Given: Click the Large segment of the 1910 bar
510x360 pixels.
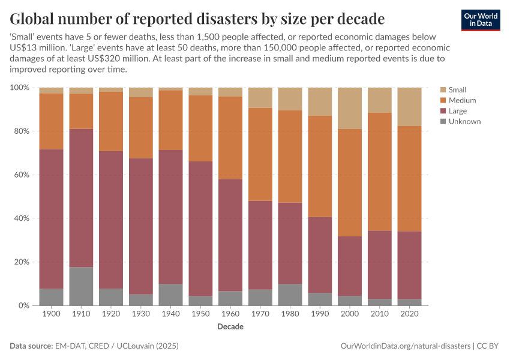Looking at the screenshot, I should [x=81, y=198].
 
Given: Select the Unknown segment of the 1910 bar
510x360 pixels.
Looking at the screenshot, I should [x=81, y=286].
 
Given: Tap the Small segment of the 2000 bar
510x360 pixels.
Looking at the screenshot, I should [x=350, y=108].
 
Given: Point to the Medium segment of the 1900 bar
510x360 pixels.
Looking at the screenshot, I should [x=51, y=121].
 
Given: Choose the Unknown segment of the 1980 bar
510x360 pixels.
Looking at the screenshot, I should [x=290, y=295].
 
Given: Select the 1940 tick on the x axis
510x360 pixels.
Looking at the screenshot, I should [x=171, y=314].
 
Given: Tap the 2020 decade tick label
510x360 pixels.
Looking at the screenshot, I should [x=410, y=314].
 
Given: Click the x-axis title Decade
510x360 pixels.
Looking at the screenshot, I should [x=230, y=327].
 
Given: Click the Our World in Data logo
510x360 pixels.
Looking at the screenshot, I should [x=480, y=20].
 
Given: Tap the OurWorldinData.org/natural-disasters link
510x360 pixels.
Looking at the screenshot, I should [x=405, y=346].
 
